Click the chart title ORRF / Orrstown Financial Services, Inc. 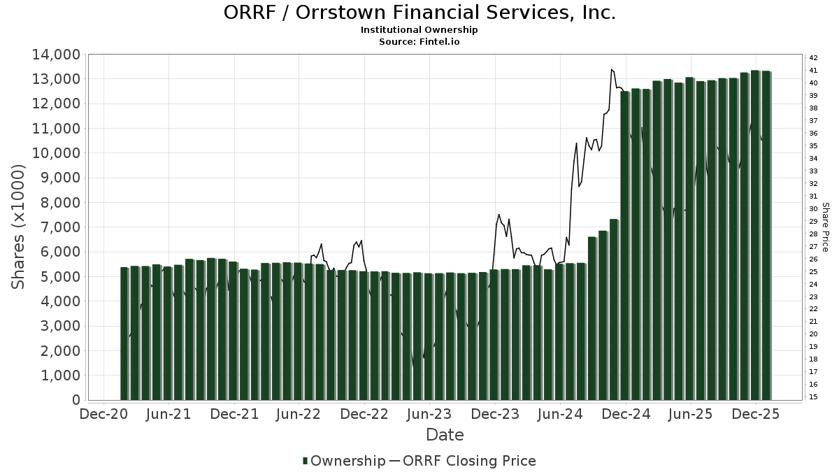[x=419, y=13]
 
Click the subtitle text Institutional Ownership [x=419, y=30]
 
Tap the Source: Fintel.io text [x=419, y=41]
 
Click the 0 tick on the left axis [x=74, y=400]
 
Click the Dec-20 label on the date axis [x=103, y=414]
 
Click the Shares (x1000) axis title [x=18, y=227]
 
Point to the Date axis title [x=445, y=435]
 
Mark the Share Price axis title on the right [x=825, y=227]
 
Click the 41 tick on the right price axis [x=813, y=71]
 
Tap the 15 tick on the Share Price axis [x=813, y=397]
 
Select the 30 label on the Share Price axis [x=813, y=208]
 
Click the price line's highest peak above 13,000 [x=612, y=69]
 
